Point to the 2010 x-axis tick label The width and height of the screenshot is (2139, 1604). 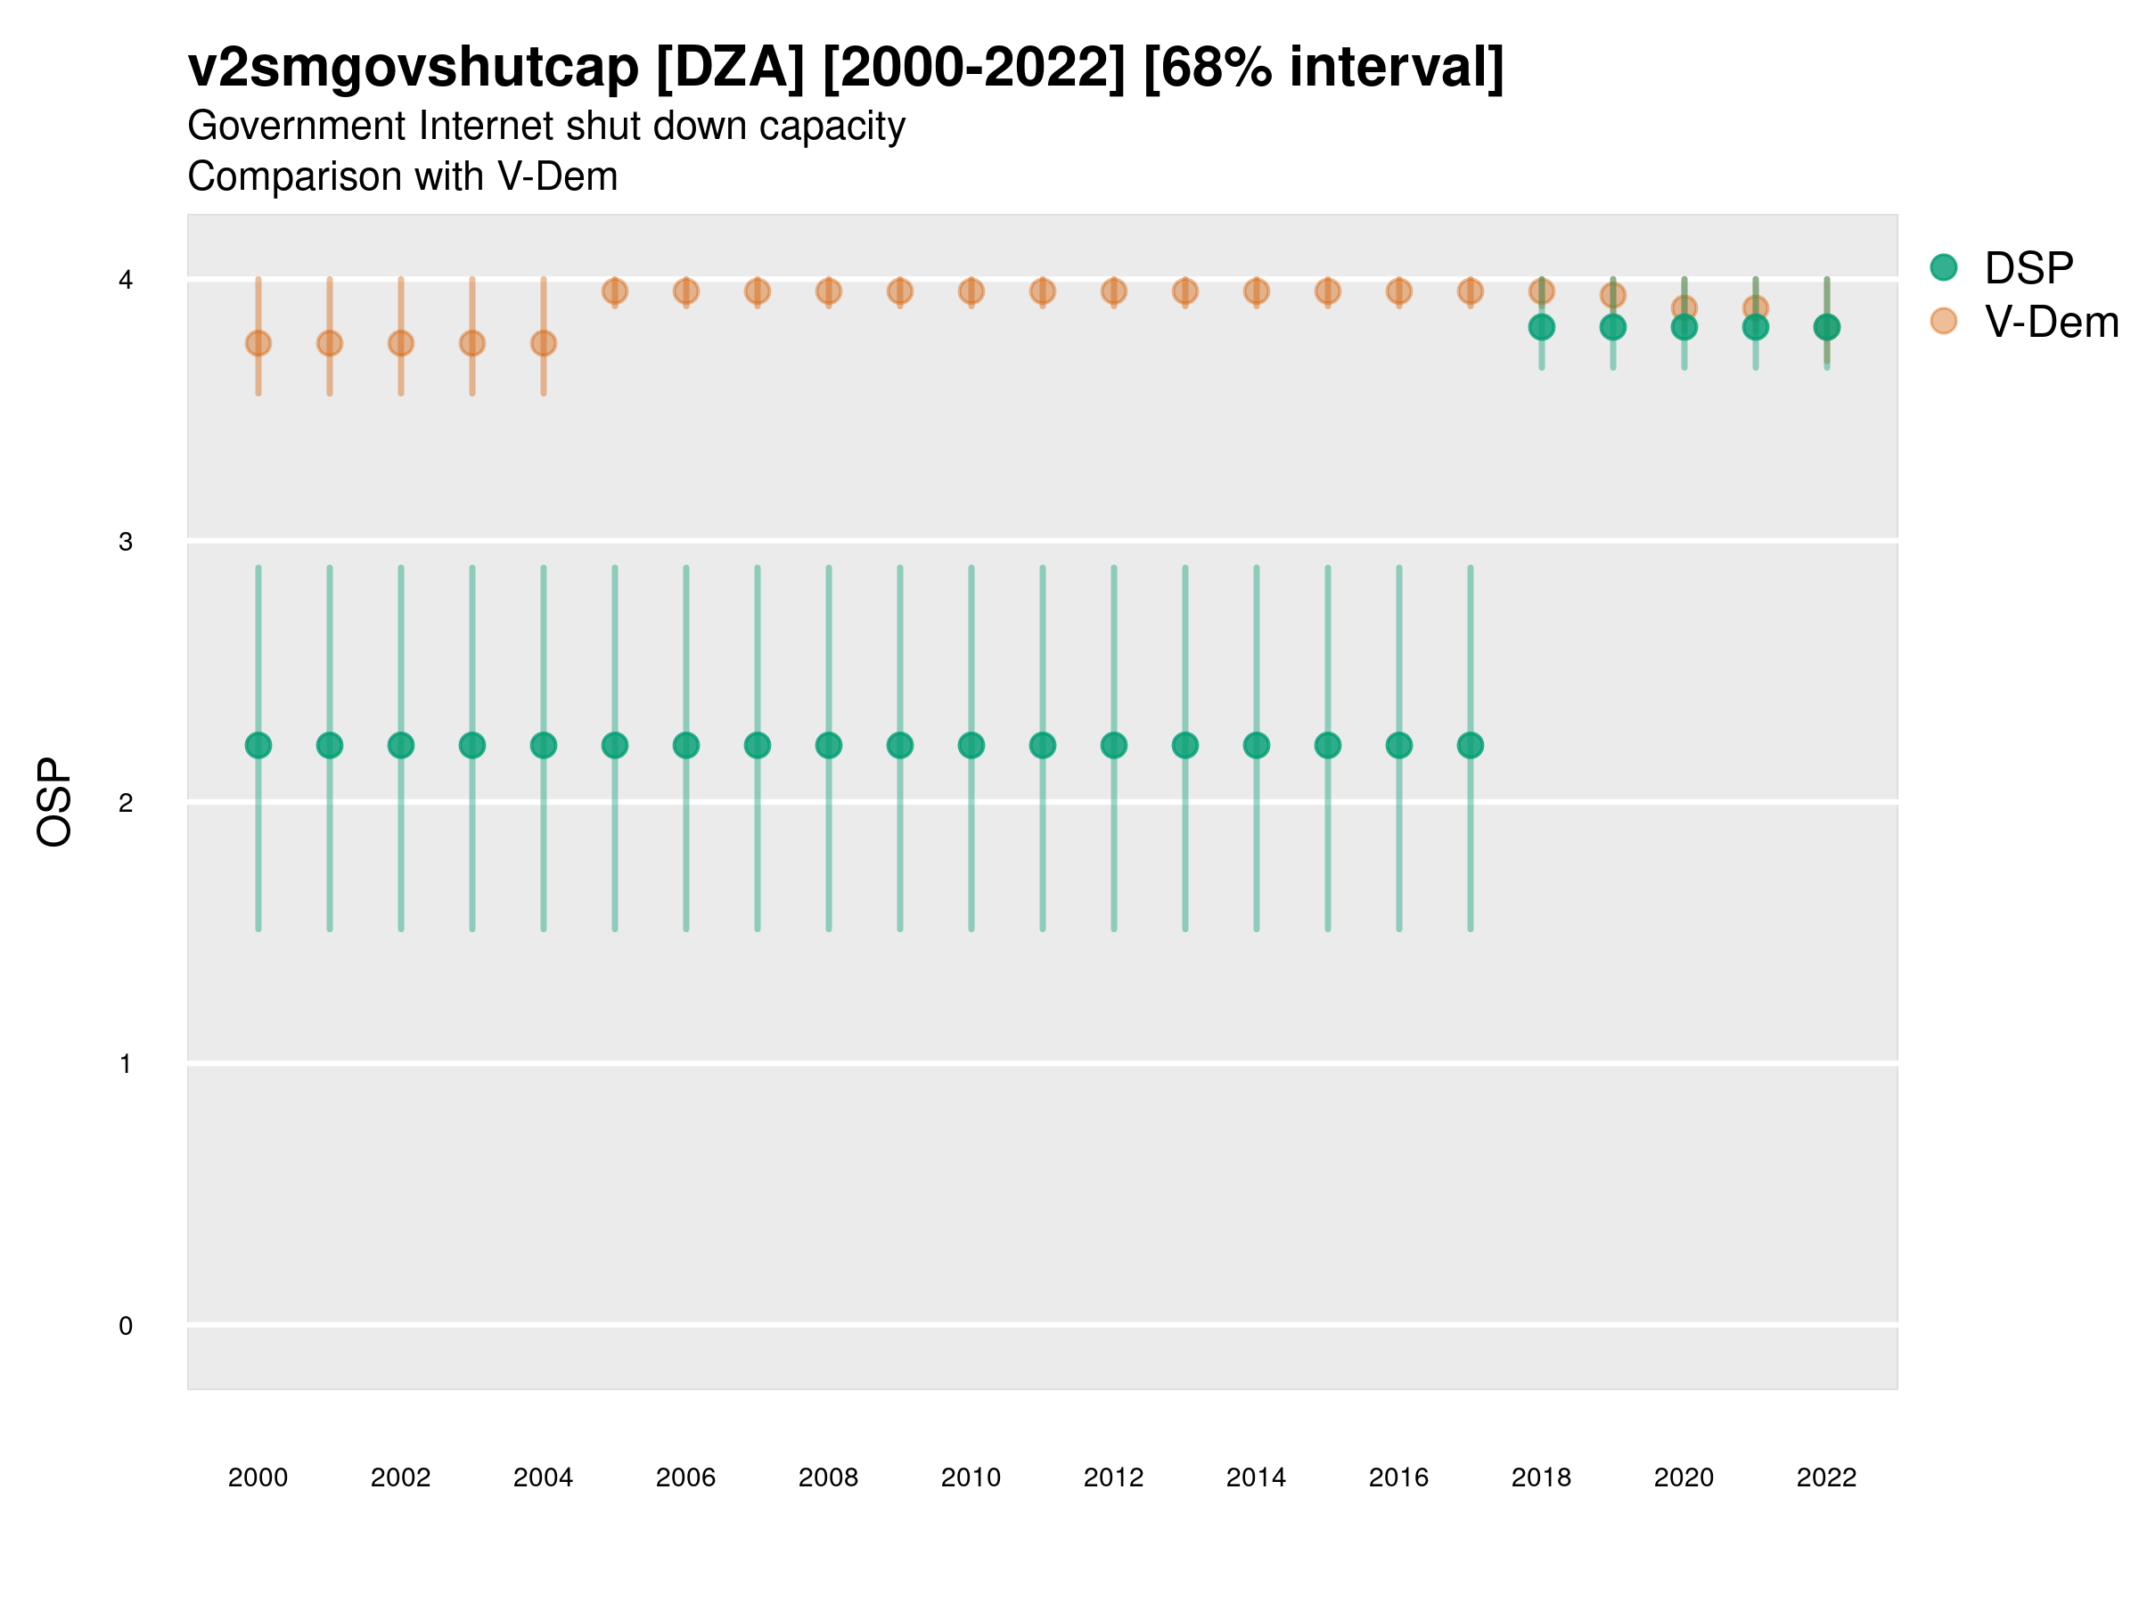[971, 1477]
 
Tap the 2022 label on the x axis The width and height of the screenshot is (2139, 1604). [1825, 1477]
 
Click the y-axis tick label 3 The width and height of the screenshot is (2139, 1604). [126, 542]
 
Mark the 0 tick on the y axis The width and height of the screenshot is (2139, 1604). [126, 1326]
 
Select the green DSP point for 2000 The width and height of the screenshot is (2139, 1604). [258, 746]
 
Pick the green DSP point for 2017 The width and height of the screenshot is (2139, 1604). [1470, 746]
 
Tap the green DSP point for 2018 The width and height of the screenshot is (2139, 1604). [1541, 328]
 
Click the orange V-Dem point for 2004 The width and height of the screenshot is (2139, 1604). [544, 343]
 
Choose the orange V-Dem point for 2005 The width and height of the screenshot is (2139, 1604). [615, 291]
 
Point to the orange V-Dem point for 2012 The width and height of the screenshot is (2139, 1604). [1114, 291]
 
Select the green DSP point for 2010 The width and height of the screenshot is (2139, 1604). [971, 746]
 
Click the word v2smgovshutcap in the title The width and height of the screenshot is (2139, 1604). [413, 68]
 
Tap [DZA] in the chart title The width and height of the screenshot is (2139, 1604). [730, 68]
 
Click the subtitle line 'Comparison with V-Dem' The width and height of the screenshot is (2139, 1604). [402, 177]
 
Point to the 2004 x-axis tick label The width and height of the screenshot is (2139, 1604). [544, 1477]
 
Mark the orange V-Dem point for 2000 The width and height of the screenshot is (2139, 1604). [258, 343]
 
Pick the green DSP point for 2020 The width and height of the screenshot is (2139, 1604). [1684, 328]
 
